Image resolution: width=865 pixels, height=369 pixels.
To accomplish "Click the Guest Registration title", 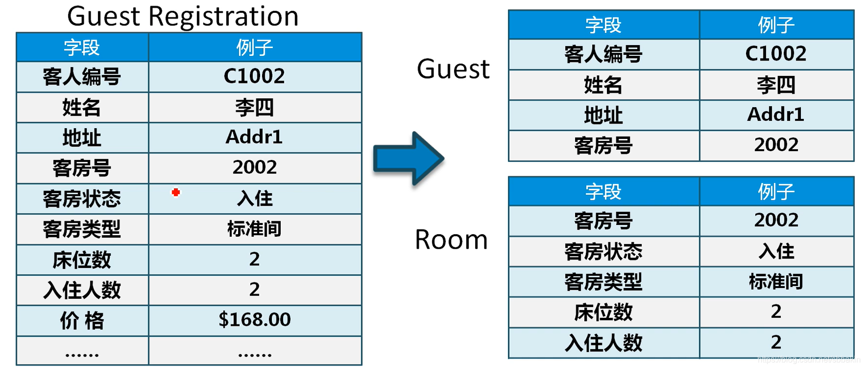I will (183, 16).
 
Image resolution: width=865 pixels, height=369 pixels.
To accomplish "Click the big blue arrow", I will (408, 158).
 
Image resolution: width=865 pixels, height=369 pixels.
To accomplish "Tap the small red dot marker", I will (176, 192).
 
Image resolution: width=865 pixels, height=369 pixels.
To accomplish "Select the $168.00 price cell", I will (254, 320).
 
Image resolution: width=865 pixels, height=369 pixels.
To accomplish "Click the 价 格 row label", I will (82, 321).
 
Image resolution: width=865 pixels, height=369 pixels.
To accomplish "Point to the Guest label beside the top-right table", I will (453, 69).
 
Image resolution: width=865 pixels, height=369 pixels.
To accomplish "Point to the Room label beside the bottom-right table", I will (451, 240).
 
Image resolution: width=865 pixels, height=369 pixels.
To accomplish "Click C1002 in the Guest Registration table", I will (254, 76).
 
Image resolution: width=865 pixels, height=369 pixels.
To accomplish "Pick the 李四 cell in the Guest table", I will (776, 85).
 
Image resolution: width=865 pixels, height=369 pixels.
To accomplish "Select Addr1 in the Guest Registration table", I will (254, 137).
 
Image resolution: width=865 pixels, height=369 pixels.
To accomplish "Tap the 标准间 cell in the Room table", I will (776, 281).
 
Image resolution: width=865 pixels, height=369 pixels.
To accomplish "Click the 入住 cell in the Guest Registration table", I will (254, 198).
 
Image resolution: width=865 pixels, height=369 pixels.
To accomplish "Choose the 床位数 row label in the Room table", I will (603, 312).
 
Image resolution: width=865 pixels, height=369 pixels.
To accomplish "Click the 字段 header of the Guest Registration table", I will (82, 48).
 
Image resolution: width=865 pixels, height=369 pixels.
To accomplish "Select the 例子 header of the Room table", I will (776, 192).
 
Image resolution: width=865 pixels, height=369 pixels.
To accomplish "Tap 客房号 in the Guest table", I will (603, 146).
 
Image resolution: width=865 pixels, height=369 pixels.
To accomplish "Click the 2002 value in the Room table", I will (776, 220).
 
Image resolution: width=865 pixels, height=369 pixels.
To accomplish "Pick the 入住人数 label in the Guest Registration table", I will (82, 290).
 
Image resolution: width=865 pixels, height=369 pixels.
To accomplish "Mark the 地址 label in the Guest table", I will (603, 115).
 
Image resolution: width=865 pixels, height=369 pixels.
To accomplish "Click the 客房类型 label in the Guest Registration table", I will (82, 229).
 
